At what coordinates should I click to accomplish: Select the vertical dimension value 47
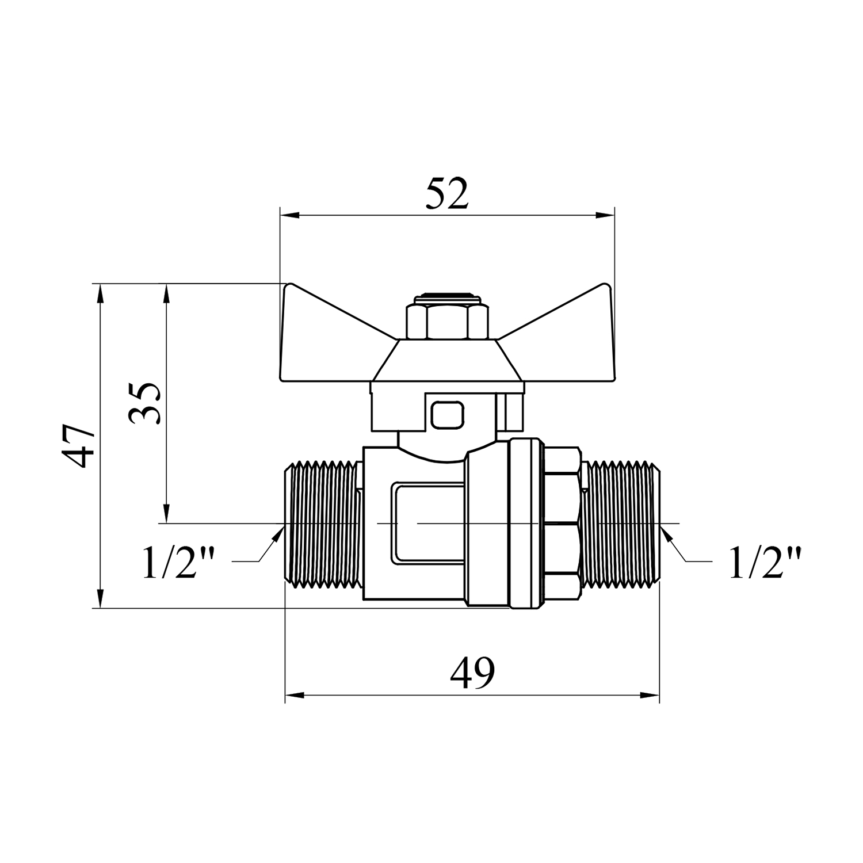[x=79, y=446]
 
